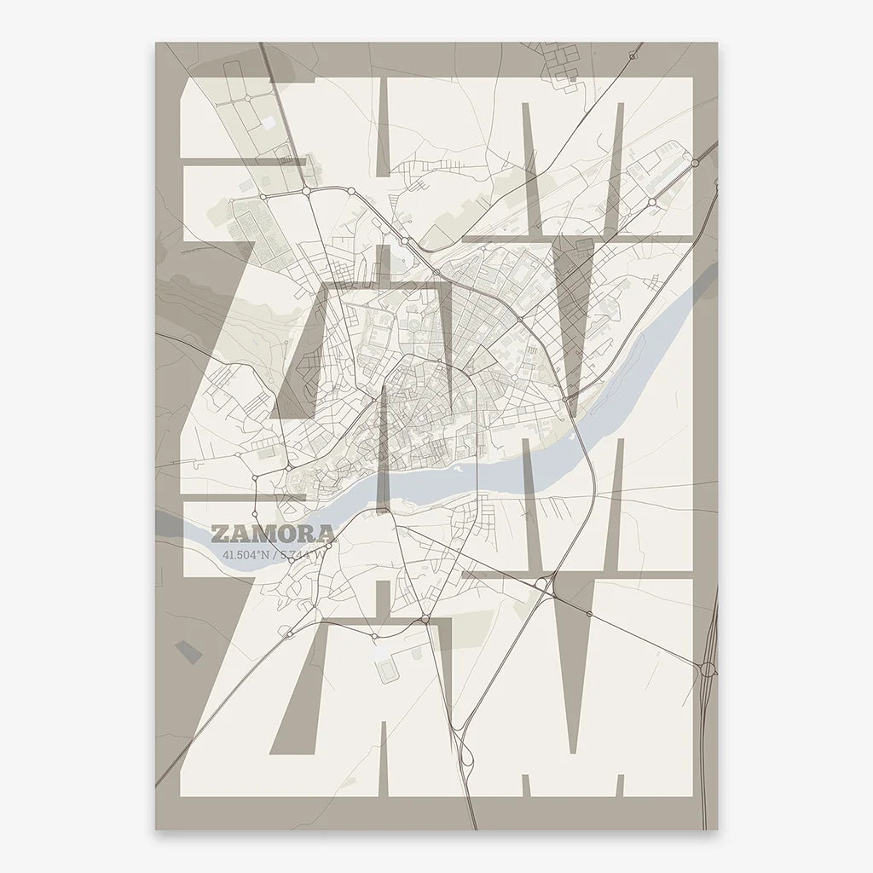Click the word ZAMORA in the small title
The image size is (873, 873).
pyautogui.click(x=272, y=535)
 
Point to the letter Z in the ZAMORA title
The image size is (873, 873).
pyautogui.click(x=219, y=535)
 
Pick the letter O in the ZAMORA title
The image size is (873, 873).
pyautogui.click(x=282, y=535)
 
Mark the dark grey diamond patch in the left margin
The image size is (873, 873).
pyautogui.click(x=189, y=650)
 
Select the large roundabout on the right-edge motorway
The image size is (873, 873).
pyautogui.click(x=707, y=671)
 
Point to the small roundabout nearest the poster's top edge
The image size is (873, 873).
pyautogui.click(x=633, y=56)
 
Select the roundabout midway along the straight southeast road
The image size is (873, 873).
pyautogui.click(x=588, y=614)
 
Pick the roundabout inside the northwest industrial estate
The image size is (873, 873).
pyautogui.click(x=247, y=99)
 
